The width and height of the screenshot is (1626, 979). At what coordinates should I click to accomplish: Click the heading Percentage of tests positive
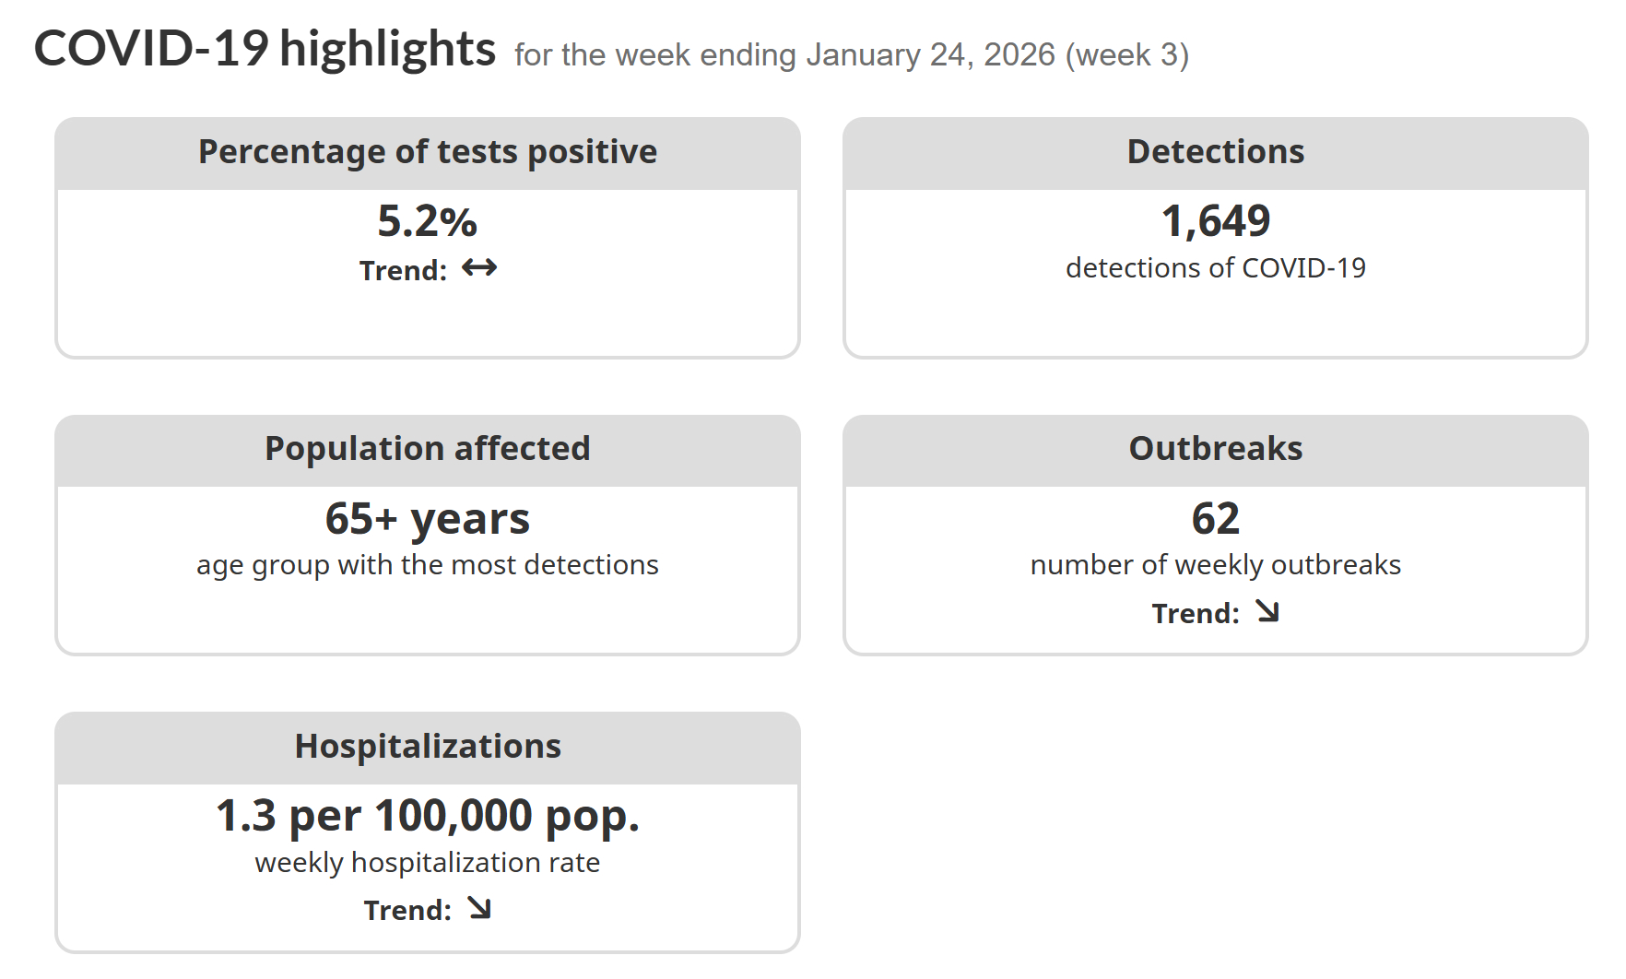coord(428,152)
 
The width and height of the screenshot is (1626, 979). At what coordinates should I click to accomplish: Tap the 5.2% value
coord(428,221)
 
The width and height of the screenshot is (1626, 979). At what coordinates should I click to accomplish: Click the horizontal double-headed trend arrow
coord(479,268)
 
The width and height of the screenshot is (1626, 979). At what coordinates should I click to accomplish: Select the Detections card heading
coord(1215,152)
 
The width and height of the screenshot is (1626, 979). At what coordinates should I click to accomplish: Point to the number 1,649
coord(1215,221)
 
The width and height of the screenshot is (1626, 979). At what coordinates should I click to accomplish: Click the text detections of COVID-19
coord(1215,268)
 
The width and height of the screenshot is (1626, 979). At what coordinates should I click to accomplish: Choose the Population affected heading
coord(428,449)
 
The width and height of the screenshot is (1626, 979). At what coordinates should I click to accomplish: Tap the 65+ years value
coord(428,519)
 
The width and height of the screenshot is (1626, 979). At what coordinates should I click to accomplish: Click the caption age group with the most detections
coord(428,565)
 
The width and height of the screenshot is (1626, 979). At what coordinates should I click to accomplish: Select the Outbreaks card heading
coord(1215,449)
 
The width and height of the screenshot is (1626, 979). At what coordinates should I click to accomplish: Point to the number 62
coord(1215,519)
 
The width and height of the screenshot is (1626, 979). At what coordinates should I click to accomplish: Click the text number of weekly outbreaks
coord(1215,565)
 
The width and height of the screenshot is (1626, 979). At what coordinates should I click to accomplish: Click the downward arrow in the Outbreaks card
coord(1268,612)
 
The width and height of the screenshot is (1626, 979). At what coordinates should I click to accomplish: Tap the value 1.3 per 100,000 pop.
coord(428,817)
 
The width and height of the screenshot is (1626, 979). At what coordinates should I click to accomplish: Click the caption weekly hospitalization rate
coord(428,863)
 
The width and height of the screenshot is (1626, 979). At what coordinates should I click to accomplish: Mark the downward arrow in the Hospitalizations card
coord(479,909)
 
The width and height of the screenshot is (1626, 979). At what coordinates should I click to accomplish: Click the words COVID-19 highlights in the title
coord(265,49)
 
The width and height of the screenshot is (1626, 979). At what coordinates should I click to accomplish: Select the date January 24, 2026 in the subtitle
coord(930,55)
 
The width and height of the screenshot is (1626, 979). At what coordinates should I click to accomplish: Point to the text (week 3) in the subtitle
coord(1127,55)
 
